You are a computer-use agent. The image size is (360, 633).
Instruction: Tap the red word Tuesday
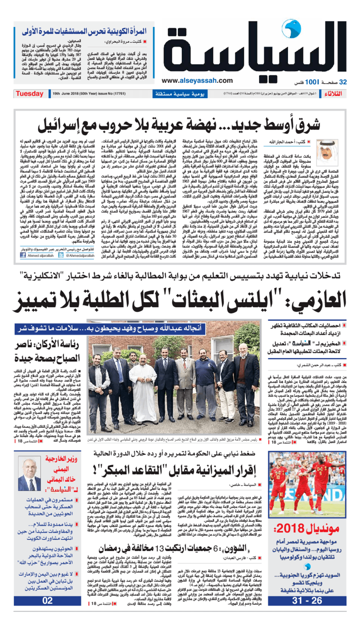point(29,94)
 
